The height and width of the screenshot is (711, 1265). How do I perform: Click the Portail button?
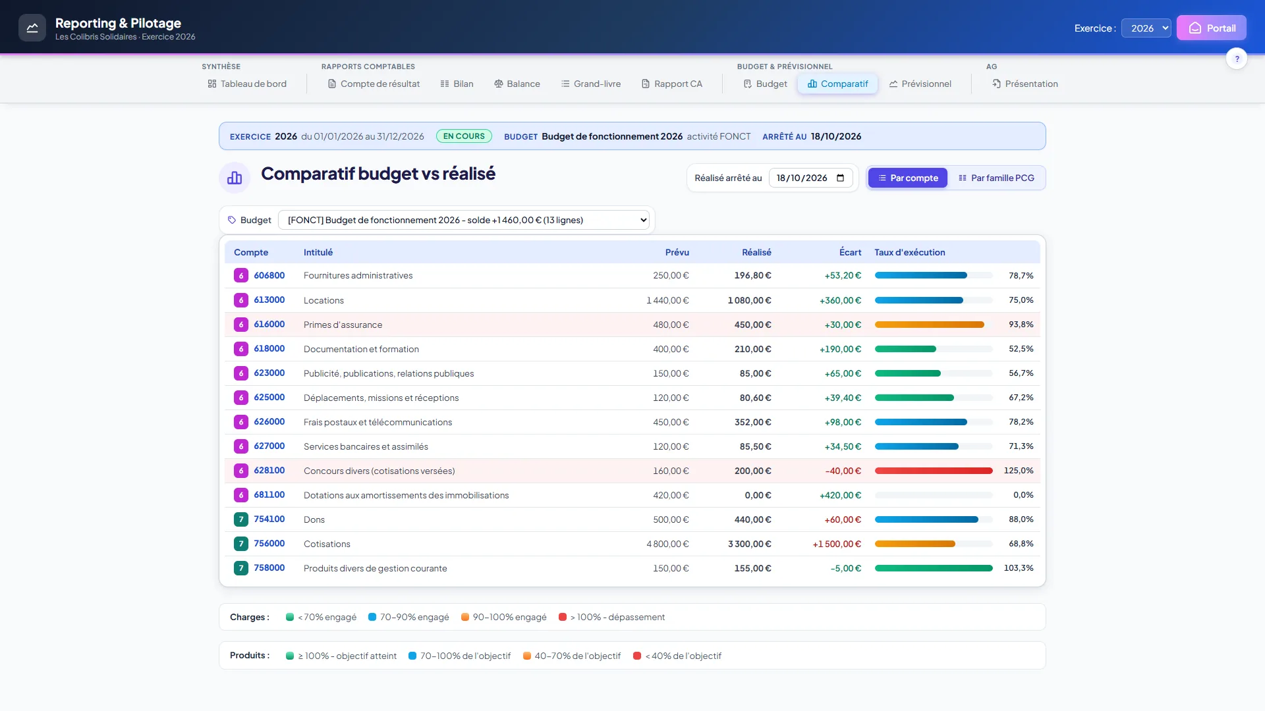[1211, 28]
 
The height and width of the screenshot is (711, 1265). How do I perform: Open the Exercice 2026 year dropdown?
[1146, 28]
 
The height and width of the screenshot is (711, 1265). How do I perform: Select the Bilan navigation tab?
[457, 84]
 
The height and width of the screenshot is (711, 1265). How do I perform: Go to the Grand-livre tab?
[591, 84]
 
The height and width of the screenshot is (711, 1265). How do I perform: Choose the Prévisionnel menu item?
[920, 84]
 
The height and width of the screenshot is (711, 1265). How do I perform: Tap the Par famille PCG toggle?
[996, 178]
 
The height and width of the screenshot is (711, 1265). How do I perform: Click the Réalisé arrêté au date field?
[810, 178]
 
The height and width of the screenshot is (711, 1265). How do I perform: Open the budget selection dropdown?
[464, 220]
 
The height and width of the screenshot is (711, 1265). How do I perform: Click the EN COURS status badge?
[464, 136]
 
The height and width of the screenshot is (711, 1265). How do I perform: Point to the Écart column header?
[850, 252]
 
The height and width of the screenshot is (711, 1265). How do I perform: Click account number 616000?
[269, 325]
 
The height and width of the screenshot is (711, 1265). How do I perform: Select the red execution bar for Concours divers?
[934, 471]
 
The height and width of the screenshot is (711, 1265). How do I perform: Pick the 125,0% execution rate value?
[1019, 471]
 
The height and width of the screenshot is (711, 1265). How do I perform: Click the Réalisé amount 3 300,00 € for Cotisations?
[749, 544]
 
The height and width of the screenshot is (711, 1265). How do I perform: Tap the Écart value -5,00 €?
[845, 568]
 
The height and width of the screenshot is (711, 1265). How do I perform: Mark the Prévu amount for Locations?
[667, 300]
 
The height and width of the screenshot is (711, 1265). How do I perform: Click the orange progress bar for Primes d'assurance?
[930, 325]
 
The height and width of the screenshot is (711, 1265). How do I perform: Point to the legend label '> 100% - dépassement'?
[617, 617]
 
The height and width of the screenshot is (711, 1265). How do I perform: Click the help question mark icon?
[1237, 59]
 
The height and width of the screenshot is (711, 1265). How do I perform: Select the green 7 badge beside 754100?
[241, 519]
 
